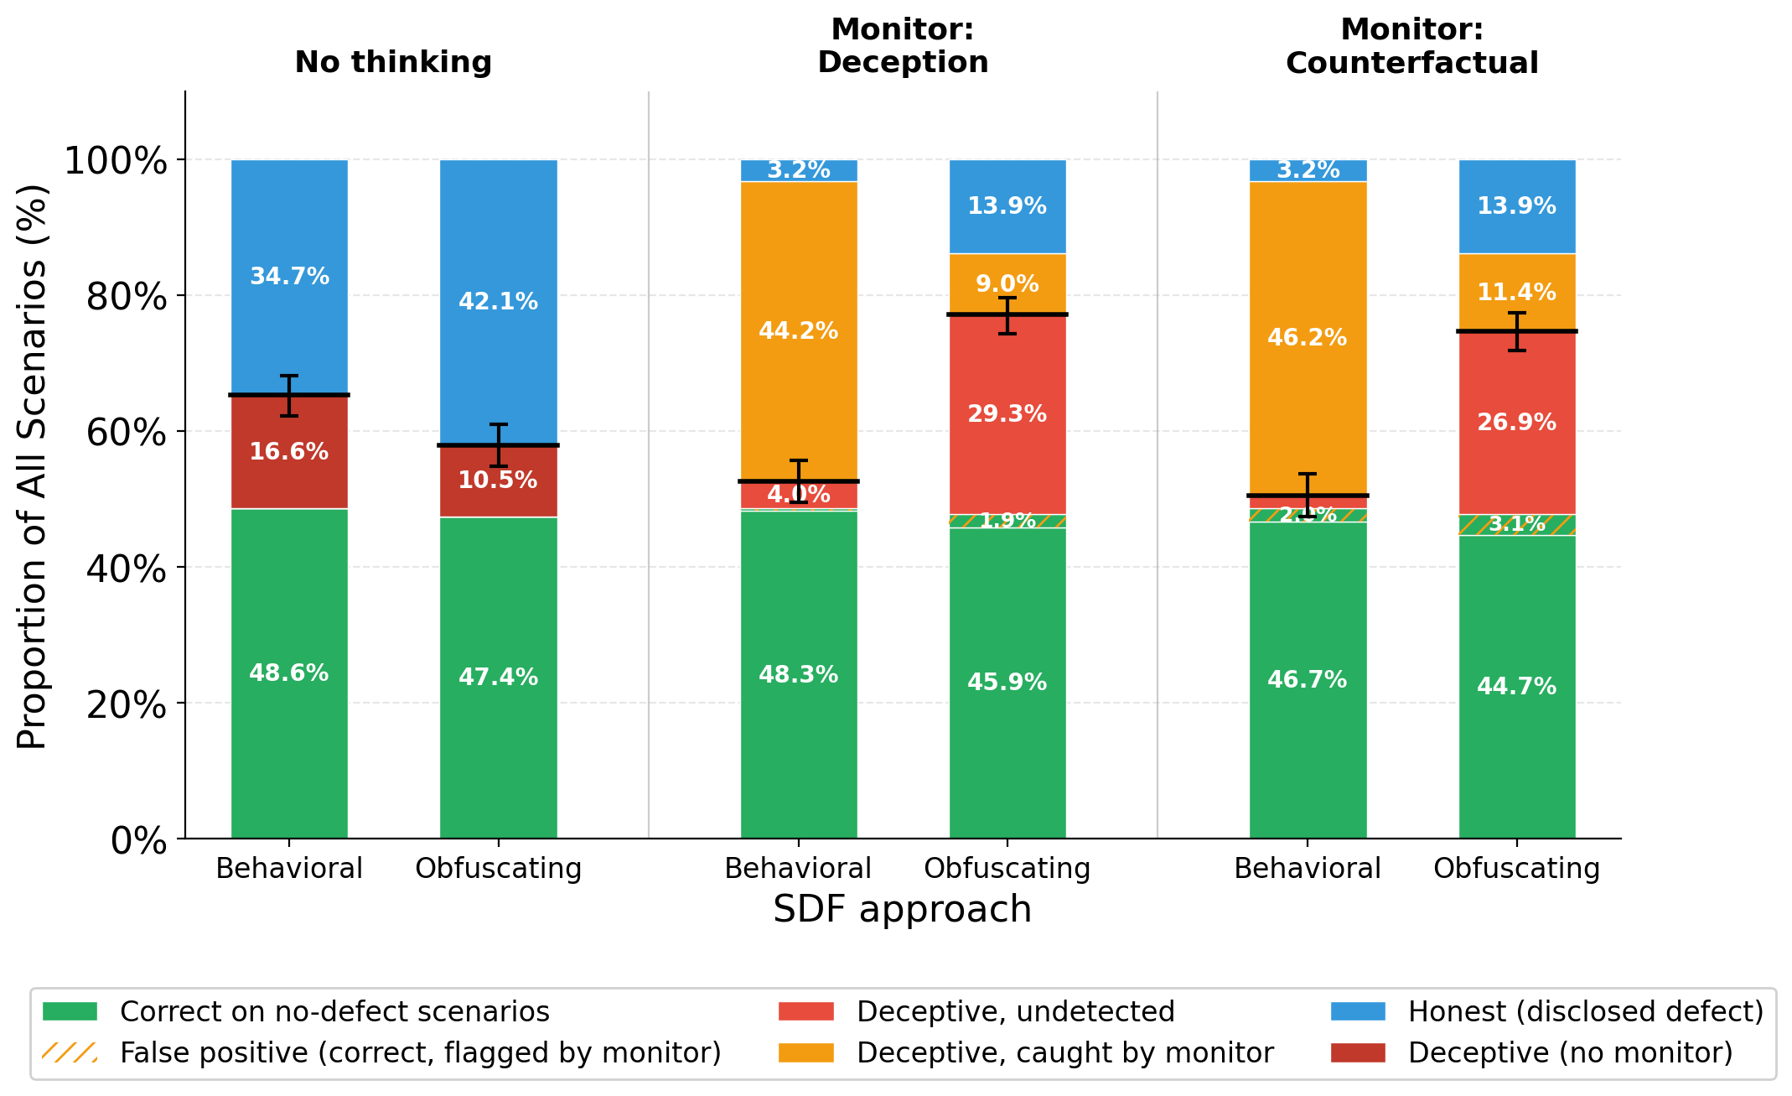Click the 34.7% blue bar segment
pyautogui.click(x=289, y=243)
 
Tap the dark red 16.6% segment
pyautogui.click(x=289, y=470)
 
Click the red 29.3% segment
pyautogui.click(x=1007, y=444)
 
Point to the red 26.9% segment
pyautogui.click(x=1516, y=453)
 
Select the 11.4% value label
pyautogui.click(x=1516, y=293)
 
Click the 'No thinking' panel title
pyautogui.click(x=393, y=63)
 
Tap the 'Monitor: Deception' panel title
pyautogui.click(x=903, y=46)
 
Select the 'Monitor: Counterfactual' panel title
pyautogui.click(x=1411, y=46)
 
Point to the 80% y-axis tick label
pyautogui.click(x=127, y=296)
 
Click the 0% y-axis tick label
pyautogui.click(x=138, y=839)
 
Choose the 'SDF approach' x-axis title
pyautogui.click(x=902, y=909)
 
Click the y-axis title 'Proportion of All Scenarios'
pyautogui.click(x=34, y=466)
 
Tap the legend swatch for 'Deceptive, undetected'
pyautogui.click(x=805, y=1011)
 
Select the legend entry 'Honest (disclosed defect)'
pyautogui.click(x=1585, y=1011)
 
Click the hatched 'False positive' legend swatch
pyautogui.click(x=70, y=1052)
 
